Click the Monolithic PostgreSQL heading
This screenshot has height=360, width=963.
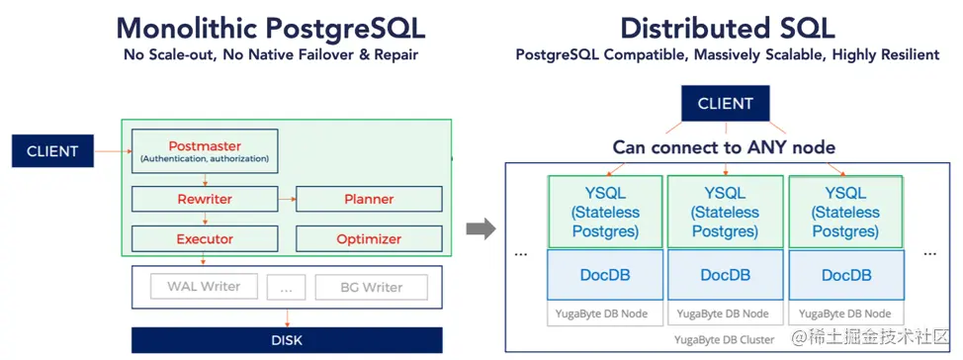pyautogui.click(x=270, y=27)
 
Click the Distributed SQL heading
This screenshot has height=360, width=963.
pyautogui.click(x=727, y=27)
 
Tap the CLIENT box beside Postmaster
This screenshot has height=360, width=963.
pyautogui.click(x=52, y=151)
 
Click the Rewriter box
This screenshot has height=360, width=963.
pyautogui.click(x=205, y=199)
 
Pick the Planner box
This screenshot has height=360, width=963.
pyautogui.click(x=369, y=199)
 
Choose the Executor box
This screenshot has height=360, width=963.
pyautogui.click(x=205, y=238)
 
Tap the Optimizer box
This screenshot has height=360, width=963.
pyautogui.click(x=369, y=238)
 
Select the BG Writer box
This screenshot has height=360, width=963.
pyautogui.click(x=371, y=287)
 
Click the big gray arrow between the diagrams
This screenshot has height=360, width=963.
pyautogui.click(x=481, y=229)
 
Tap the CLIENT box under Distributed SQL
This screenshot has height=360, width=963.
pyautogui.click(x=725, y=104)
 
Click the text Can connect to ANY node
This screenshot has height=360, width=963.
pyautogui.click(x=724, y=147)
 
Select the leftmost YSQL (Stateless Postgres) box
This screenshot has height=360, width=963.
pyautogui.click(x=606, y=212)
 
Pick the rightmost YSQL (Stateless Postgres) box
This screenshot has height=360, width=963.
pyautogui.click(x=845, y=212)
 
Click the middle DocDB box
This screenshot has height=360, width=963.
pyautogui.click(x=727, y=275)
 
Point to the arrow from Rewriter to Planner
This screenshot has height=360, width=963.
pyautogui.click(x=287, y=199)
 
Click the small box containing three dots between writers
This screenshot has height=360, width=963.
pyautogui.click(x=286, y=287)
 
